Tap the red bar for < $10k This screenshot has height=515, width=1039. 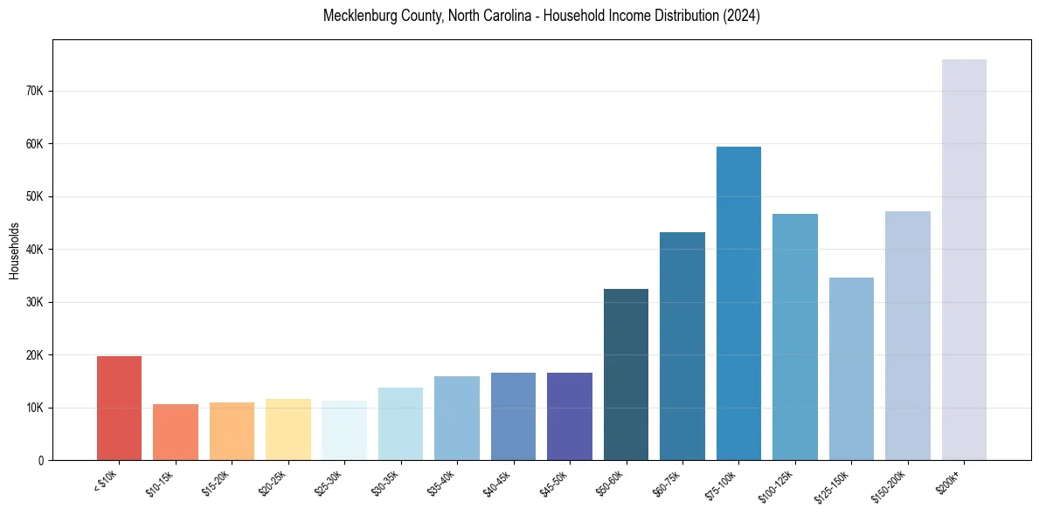click(x=119, y=408)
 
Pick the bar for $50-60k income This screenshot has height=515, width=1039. click(x=626, y=374)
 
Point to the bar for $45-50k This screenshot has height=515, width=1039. click(x=570, y=416)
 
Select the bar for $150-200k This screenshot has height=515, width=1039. click(x=907, y=335)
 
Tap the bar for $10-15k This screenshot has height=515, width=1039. click(x=176, y=432)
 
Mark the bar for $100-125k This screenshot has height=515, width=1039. click(x=795, y=337)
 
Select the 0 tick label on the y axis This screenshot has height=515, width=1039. click(x=40, y=460)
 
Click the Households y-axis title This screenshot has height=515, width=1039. click(x=14, y=251)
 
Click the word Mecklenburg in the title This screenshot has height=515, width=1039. click(x=360, y=16)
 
